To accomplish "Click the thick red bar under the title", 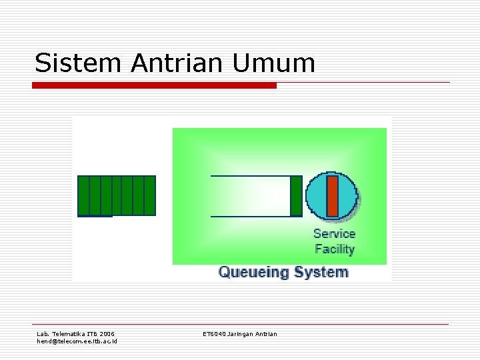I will pyautogui.click(x=155, y=85).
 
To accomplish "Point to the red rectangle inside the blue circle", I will pyautogui.click(x=333, y=195).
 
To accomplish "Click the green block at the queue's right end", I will pyautogui.click(x=296, y=196).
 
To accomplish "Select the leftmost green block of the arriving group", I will pyautogui.click(x=83, y=195).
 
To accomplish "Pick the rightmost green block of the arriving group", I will pyautogui.click(x=149, y=195).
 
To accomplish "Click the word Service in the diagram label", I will pyautogui.click(x=334, y=234).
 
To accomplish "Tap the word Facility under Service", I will pyautogui.click(x=334, y=249).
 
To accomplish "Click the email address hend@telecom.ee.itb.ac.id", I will pyautogui.click(x=76, y=341).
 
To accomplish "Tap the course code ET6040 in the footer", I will pyautogui.click(x=214, y=333).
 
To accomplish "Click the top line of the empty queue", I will pyautogui.click(x=250, y=176).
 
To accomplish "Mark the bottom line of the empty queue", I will pyautogui.click(x=250, y=216).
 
